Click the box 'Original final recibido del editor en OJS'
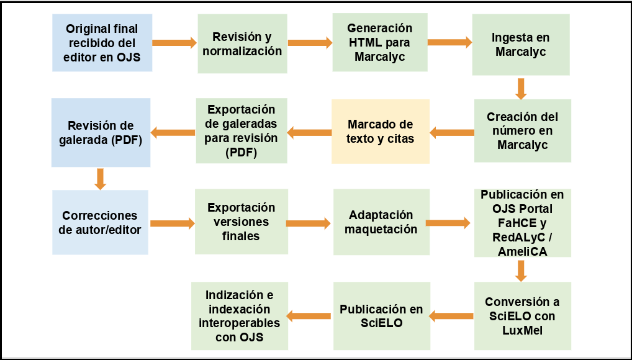click(x=102, y=43)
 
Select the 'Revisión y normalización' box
click(x=242, y=43)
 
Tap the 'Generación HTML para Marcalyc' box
click(x=380, y=42)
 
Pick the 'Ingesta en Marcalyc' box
click(x=521, y=44)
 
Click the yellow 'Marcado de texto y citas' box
click(x=381, y=132)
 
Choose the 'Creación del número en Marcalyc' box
click(x=522, y=130)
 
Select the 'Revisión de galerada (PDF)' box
click(x=101, y=132)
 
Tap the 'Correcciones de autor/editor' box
click(x=100, y=222)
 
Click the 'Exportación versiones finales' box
click(x=241, y=222)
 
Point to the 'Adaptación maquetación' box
click(x=381, y=222)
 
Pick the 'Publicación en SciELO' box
click(x=381, y=316)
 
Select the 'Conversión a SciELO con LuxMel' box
click(x=522, y=316)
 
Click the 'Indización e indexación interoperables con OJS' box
click(x=240, y=316)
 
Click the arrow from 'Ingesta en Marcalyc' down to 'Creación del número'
click(x=521, y=89)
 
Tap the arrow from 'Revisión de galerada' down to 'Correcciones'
click(x=100, y=179)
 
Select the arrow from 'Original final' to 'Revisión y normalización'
click(x=174, y=43)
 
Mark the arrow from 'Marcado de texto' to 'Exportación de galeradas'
click(x=309, y=132)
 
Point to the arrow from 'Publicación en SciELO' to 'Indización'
click(x=309, y=316)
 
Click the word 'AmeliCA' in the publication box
click(x=522, y=251)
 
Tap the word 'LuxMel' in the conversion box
click(x=522, y=330)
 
